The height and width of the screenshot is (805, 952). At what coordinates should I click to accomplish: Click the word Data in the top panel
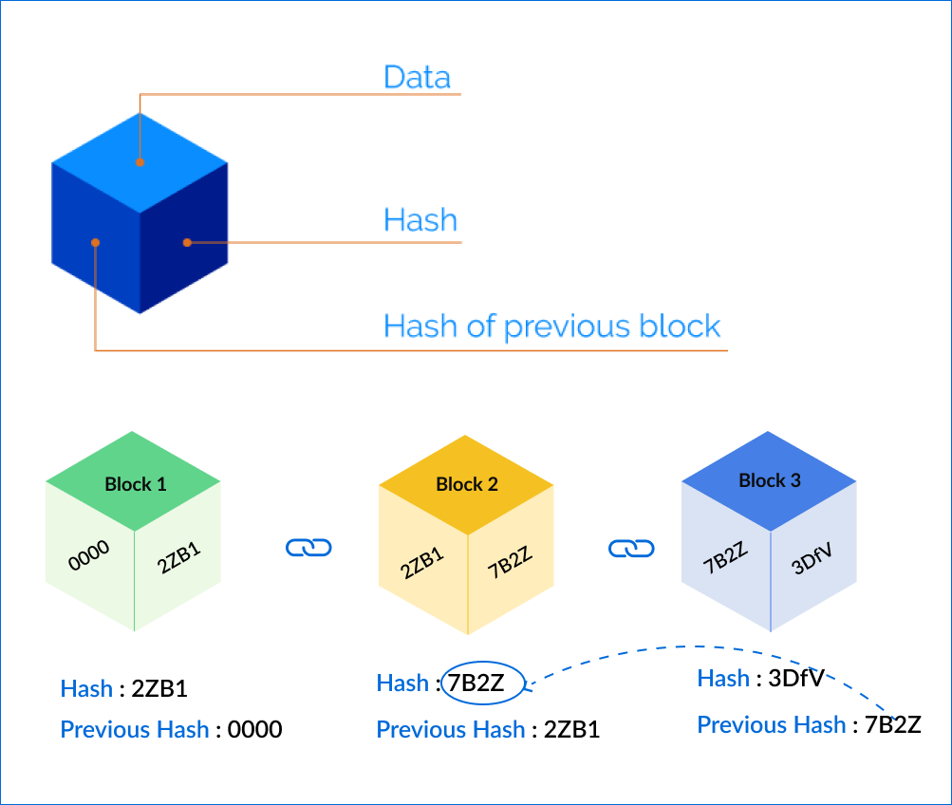coord(417,77)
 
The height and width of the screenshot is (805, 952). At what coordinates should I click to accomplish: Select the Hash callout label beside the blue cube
coord(420,220)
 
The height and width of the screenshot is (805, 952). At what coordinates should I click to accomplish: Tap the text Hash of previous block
coord(551,326)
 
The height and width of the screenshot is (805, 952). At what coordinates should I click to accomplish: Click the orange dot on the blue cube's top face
coord(140,162)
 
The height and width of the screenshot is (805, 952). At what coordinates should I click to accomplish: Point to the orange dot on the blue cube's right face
coord(187,242)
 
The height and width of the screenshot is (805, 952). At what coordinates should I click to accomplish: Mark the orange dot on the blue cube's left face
coord(95,242)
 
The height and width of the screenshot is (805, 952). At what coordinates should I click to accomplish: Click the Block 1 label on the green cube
coord(135,484)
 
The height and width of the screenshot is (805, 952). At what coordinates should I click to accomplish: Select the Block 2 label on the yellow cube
coord(466,484)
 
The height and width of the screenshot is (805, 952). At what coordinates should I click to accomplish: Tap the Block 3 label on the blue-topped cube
coord(769,480)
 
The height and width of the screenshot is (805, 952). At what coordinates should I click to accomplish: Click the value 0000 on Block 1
coord(89,555)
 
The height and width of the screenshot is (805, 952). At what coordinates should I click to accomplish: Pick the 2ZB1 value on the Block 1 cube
coord(179,557)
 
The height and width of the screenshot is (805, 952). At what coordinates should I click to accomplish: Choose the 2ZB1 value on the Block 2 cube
coord(422,562)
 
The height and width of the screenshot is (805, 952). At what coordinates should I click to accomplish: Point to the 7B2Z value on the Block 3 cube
coord(726,557)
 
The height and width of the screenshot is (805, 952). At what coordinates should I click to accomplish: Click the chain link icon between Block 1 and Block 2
coord(308,547)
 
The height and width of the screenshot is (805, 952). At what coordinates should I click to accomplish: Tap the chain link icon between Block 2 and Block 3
coord(631,548)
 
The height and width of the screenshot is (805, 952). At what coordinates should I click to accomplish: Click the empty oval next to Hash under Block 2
coord(483,683)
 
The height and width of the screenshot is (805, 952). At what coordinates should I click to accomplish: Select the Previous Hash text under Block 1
coord(135,729)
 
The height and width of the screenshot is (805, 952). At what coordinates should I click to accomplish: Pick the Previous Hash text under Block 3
coord(771,725)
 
